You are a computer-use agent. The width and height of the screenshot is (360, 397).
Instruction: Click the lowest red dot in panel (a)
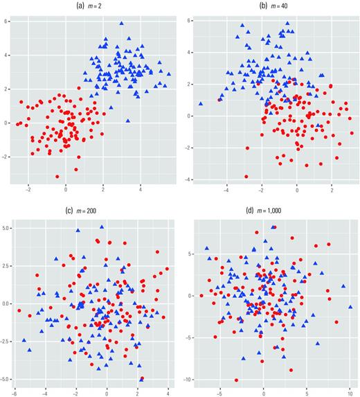click(x=58, y=177)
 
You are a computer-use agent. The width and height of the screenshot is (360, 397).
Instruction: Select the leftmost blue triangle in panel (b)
click(x=201, y=103)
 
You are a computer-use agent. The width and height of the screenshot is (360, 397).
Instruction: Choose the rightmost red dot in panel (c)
click(x=167, y=269)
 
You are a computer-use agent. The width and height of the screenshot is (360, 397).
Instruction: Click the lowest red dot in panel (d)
click(x=236, y=380)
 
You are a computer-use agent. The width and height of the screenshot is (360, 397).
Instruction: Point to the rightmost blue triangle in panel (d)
click(x=350, y=306)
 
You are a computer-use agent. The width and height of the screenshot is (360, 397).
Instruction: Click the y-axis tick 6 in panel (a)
click(x=6, y=21)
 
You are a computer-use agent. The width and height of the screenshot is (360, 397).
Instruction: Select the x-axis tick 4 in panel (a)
click(x=141, y=188)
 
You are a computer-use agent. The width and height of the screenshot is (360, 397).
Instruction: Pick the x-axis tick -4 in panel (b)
click(x=226, y=188)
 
